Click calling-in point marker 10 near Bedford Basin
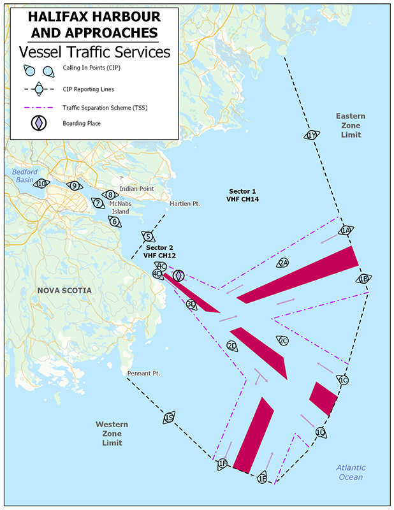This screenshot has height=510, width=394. point(42,184)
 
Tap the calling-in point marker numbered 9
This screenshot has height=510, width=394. point(75,186)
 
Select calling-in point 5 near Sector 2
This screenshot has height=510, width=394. point(148,237)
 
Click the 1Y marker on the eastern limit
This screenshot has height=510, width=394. point(311,135)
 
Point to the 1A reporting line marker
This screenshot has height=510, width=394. point(346,230)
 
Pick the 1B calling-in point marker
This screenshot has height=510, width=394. point(363,279)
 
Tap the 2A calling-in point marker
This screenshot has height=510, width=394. point(283,263)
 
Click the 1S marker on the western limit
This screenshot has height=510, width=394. point(168,418)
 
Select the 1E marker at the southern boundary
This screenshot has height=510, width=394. point(262,478)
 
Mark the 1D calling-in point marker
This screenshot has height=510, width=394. point(321,433)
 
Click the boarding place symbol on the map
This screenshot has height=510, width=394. point(179,275)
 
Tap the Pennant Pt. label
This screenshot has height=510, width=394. point(143,372)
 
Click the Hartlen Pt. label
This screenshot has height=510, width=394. point(185,204)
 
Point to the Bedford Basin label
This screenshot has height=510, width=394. point(24,176)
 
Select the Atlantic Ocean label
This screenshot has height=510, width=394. point(351,472)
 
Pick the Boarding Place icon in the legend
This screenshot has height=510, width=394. point(40,123)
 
